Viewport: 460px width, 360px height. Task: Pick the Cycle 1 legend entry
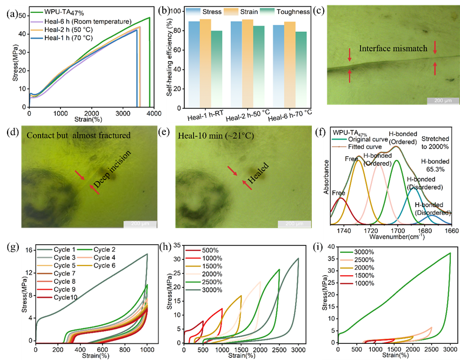tap(65, 249)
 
